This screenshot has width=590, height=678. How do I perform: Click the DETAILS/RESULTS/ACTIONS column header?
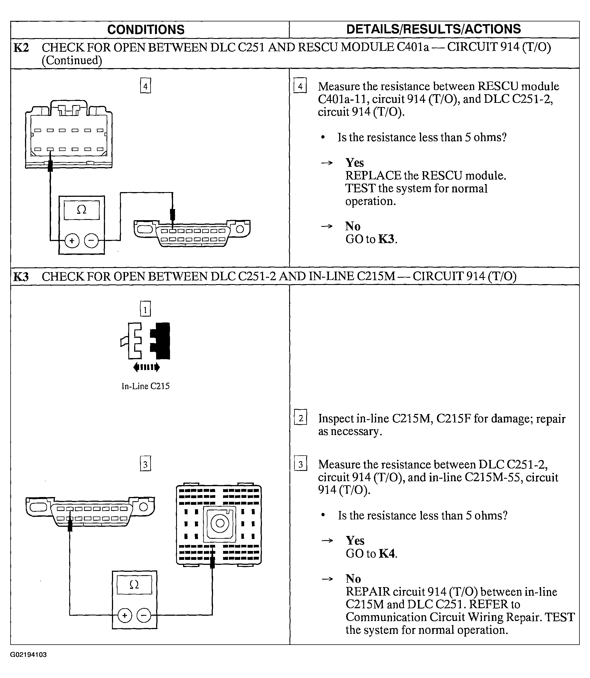point(433,29)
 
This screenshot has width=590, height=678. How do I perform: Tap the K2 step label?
point(21,48)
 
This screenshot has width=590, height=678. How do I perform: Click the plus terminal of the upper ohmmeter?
point(72,241)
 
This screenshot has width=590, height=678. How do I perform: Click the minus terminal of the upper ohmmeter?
point(91,241)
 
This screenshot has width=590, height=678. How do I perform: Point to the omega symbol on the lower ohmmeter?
point(134,584)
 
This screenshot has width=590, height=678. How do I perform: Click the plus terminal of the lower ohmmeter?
point(124,615)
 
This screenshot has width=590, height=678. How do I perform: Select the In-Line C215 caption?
point(146,386)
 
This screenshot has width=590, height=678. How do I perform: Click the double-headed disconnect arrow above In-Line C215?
point(146,367)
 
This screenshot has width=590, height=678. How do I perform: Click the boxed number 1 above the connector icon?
point(145,309)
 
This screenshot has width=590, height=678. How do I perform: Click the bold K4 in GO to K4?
point(387,553)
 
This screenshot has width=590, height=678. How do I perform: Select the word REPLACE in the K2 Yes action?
point(373,176)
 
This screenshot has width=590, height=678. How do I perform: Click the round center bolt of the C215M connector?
point(220,523)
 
